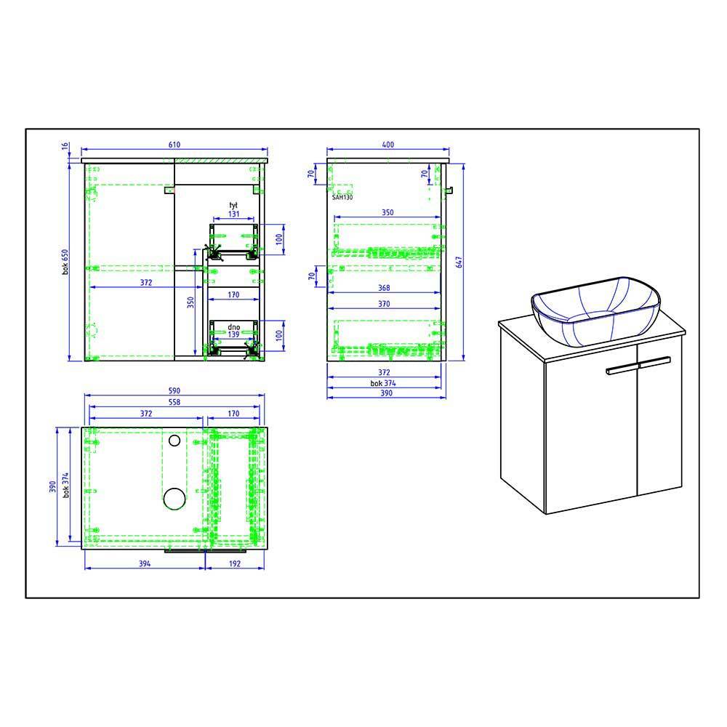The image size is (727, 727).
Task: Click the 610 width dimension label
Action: tap(174, 145)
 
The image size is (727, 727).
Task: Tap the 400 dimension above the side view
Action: tap(388, 145)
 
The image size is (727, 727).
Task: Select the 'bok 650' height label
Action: tap(65, 262)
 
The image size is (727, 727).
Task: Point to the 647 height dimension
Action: tap(459, 262)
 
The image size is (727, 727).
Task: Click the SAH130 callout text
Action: tap(342, 197)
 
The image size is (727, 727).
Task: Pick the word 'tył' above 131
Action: tap(233, 205)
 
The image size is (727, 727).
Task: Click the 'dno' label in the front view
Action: tap(233, 327)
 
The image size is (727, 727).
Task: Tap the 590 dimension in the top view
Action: tap(174, 391)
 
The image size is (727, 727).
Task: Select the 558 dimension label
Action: tap(174, 403)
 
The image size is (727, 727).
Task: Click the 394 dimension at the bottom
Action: tap(145, 564)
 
